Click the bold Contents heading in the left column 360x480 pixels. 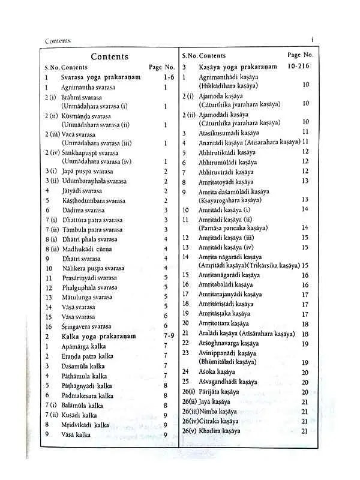pos(109,56)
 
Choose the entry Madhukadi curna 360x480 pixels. pos(89,248)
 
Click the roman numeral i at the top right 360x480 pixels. pos(313,39)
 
